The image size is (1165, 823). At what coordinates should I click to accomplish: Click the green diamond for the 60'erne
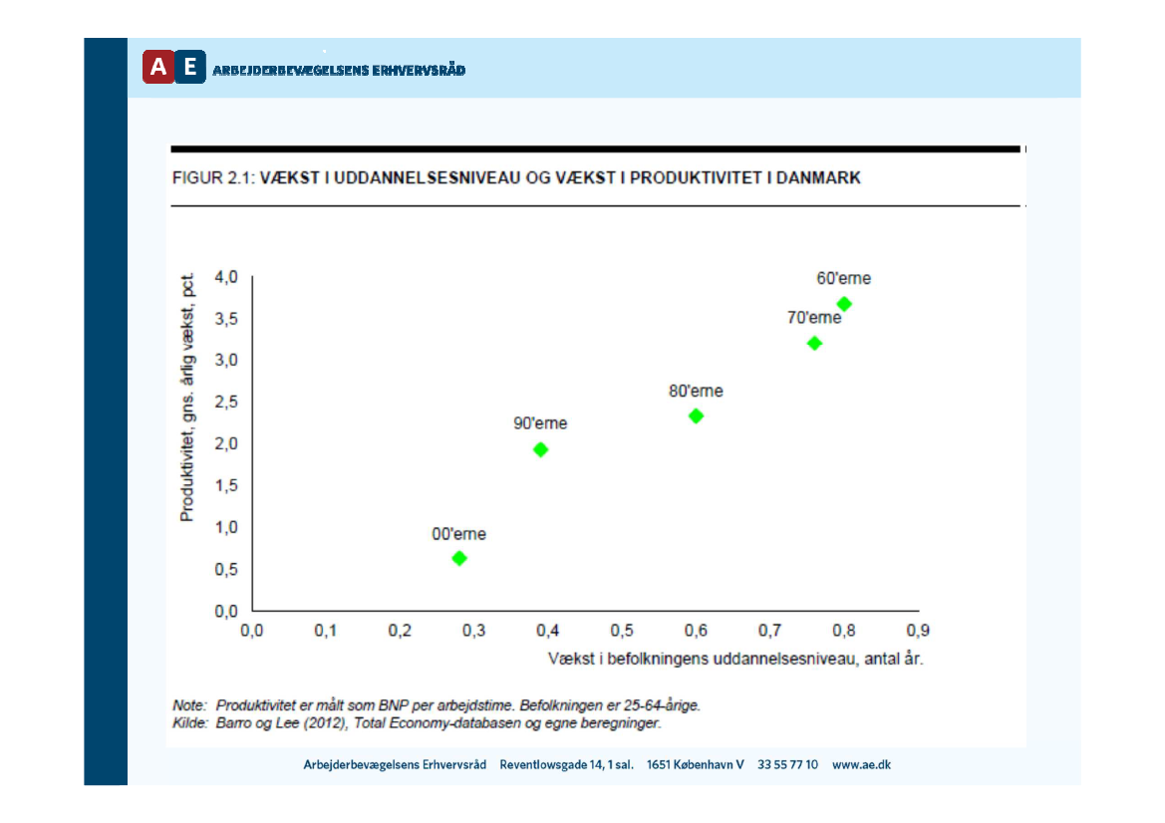click(x=844, y=304)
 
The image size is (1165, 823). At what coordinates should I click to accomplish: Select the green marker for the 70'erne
click(x=814, y=343)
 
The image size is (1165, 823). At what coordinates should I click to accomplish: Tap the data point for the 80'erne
click(x=696, y=415)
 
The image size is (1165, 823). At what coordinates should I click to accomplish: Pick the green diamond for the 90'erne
click(x=540, y=449)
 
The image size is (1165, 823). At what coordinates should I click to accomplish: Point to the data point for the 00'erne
click(x=459, y=558)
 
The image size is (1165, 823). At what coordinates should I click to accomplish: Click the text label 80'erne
click(x=696, y=392)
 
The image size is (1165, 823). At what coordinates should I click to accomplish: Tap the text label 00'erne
click(x=458, y=534)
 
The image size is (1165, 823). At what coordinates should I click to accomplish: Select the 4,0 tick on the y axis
click(x=226, y=277)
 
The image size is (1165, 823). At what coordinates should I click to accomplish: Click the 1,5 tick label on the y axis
click(x=226, y=485)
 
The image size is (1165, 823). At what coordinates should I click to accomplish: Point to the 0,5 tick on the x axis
click(x=622, y=631)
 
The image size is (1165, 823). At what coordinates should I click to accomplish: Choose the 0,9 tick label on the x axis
click(x=918, y=631)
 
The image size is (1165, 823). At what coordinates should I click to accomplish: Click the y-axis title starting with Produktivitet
click(x=187, y=396)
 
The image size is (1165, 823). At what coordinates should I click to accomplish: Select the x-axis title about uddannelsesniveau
click(x=735, y=660)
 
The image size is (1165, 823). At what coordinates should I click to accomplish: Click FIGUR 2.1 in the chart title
click(x=212, y=178)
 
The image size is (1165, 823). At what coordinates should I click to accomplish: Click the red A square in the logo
click(x=157, y=67)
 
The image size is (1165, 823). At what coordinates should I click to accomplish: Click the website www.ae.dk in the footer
click(x=861, y=764)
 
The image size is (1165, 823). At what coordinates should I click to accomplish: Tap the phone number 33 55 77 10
click(x=787, y=764)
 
